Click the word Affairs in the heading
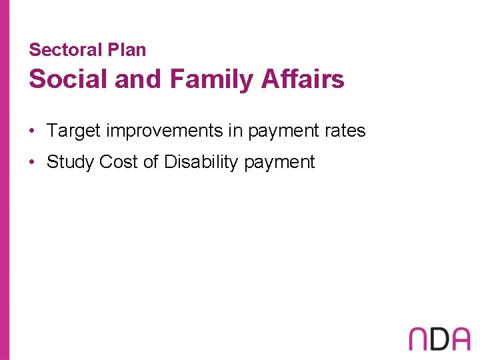pyautogui.click(x=303, y=79)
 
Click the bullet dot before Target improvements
pyautogui.click(x=32, y=131)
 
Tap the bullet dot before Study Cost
pyautogui.click(x=32, y=162)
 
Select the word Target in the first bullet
pyautogui.click(x=73, y=131)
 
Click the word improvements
pyautogui.click(x=165, y=131)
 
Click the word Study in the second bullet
pyautogui.click(x=70, y=162)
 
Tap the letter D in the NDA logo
pyautogui.click(x=440, y=339)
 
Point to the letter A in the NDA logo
pyautogui.click(x=460, y=339)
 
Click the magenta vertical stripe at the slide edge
pyautogui.click(x=5, y=180)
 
